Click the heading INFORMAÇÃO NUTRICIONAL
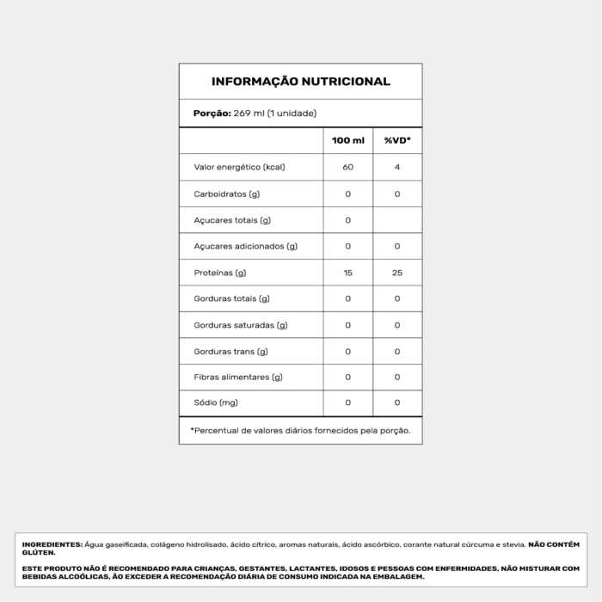click(300, 82)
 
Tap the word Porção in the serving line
click(212, 114)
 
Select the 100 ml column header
click(348, 140)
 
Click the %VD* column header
click(397, 140)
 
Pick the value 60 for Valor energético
click(348, 167)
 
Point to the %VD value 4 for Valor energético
click(397, 167)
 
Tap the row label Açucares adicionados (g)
click(245, 246)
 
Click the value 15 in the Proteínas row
click(348, 273)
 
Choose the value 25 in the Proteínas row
click(397, 273)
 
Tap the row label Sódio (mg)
click(216, 403)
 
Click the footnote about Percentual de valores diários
click(300, 430)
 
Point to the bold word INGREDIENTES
click(52, 544)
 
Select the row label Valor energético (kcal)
click(239, 167)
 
